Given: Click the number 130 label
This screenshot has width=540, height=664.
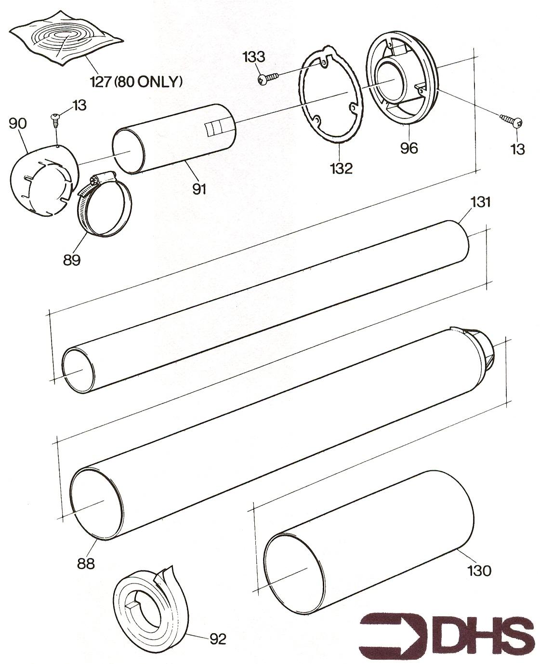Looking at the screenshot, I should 479,571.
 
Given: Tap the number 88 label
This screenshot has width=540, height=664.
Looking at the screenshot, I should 86,563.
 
